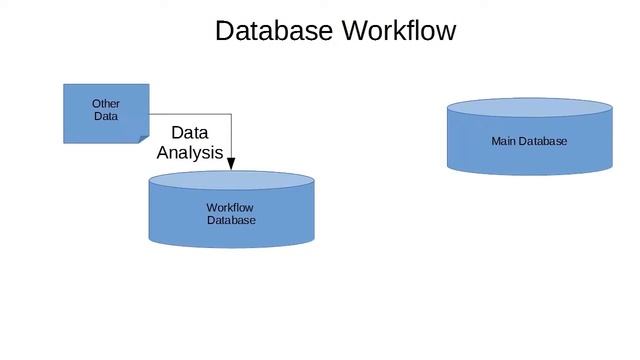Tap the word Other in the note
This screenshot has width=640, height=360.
[x=106, y=103]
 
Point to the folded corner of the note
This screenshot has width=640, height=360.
[x=142, y=136]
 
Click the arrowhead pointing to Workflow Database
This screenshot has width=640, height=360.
[x=231, y=162]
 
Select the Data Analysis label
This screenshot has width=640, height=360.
[x=190, y=143]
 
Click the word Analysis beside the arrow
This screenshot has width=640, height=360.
[x=190, y=154]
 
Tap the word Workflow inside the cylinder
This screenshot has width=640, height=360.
[x=230, y=208]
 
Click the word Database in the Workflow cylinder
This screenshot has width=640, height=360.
[x=231, y=220]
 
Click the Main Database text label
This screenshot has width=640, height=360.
[x=529, y=141]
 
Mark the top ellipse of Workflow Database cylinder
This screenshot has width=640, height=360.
[x=231, y=181]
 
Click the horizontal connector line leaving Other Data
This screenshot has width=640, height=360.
[x=190, y=115]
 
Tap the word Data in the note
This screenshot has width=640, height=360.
[x=106, y=116]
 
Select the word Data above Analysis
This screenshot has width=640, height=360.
[x=189, y=132]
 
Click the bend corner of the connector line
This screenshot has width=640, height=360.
[x=231, y=115]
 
